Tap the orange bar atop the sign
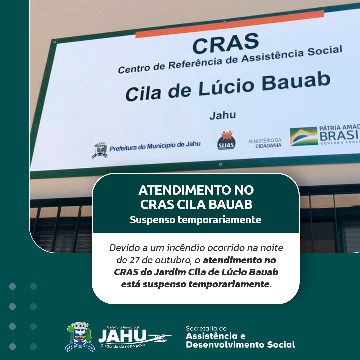[x=230, y=24]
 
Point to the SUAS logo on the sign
[x=226, y=140]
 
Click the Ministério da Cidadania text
[x=265, y=143]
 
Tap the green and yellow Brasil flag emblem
[x=304, y=136]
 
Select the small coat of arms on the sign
[x=100, y=150]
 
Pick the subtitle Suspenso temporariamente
[x=196, y=220]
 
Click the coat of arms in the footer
[x=80, y=337]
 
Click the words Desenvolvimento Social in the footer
[x=240, y=345]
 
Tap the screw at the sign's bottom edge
[x=221, y=164]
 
